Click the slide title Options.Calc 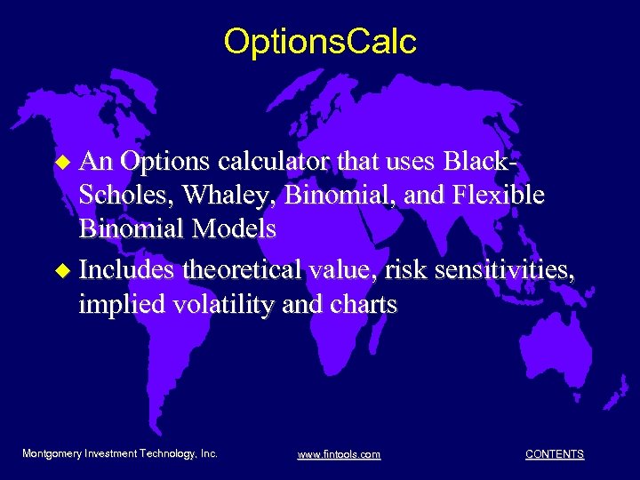coord(320,42)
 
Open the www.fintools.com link coord(339,454)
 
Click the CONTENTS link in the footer coord(554,454)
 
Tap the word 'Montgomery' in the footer coord(52,453)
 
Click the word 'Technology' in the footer coord(168,453)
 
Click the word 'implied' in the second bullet coord(120,304)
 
